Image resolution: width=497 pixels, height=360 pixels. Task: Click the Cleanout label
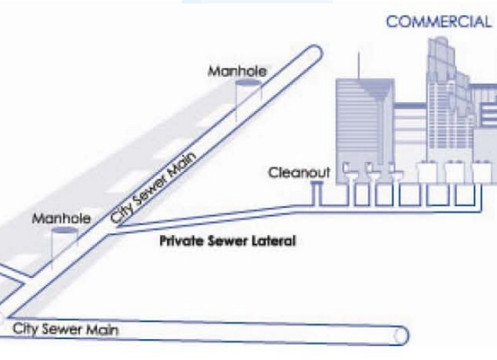click(300, 174)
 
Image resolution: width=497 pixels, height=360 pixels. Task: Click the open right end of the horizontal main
click(403, 335)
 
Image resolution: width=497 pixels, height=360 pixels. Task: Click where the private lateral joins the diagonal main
click(119, 225)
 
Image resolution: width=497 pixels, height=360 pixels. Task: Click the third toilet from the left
click(394, 171)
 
